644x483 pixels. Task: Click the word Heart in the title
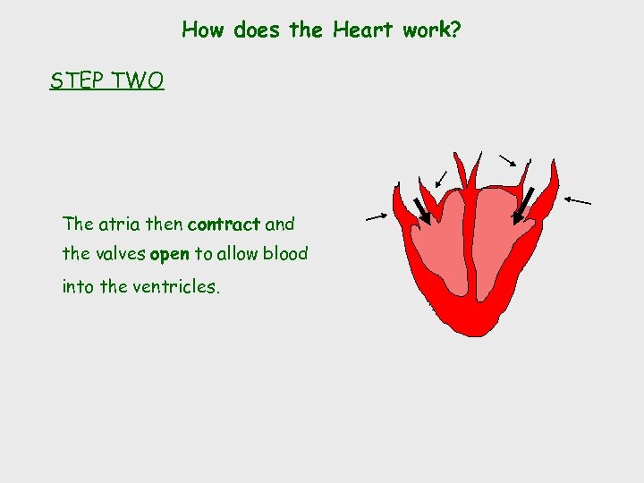tap(363, 30)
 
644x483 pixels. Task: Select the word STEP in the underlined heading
tap(75, 81)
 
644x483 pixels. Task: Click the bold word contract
tap(224, 224)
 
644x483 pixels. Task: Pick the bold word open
tap(170, 254)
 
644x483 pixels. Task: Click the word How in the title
tap(202, 30)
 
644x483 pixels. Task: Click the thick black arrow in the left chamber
tap(421, 211)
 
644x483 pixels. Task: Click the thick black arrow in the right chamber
tap(524, 205)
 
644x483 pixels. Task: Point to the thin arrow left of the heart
tap(376, 216)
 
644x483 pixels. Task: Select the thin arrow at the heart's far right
tap(578, 200)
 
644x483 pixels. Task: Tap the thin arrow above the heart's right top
tap(507, 161)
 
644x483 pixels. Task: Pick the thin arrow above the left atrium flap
tap(441, 179)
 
